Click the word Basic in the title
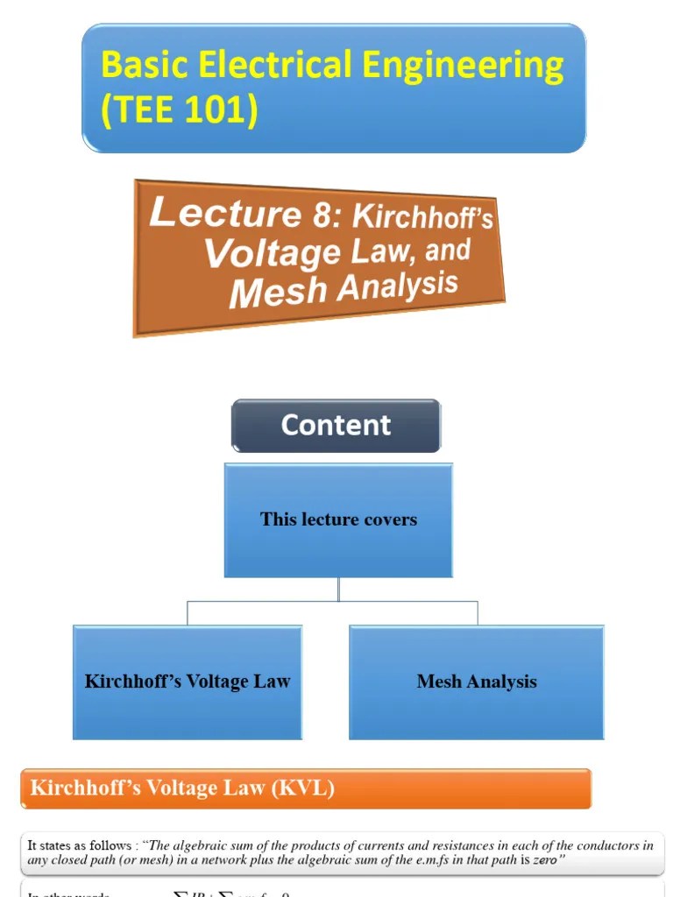(144, 66)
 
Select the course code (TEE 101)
(180, 111)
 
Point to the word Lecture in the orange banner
(225, 213)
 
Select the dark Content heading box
(336, 426)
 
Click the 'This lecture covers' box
(338, 519)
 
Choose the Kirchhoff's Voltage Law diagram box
(188, 682)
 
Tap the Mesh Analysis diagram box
(477, 682)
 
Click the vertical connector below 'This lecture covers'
(339, 589)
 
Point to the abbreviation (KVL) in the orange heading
(302, 788)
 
